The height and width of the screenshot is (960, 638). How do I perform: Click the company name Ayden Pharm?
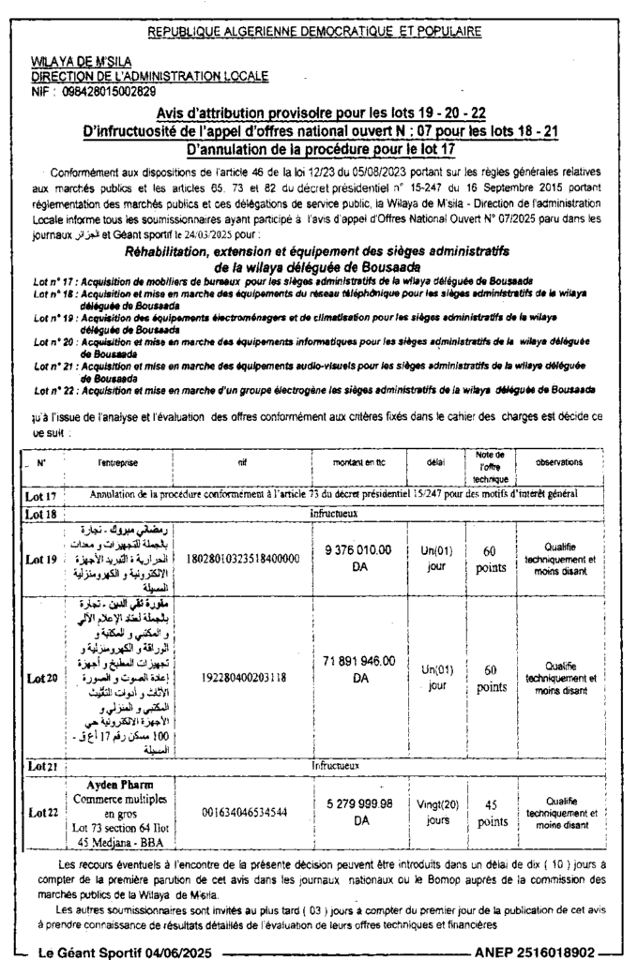[119, 784]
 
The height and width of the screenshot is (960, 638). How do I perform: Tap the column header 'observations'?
[561, 462]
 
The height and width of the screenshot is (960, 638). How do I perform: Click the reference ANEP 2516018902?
[535, 952]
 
